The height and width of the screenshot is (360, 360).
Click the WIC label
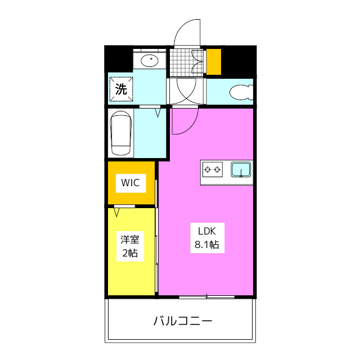(x=130, y=182)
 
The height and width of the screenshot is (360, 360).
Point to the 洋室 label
(x=129, y=238)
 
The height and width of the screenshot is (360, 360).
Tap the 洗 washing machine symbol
(x=121, y=89)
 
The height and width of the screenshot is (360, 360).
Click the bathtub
(x=121, y=133)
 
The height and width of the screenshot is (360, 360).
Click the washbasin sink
(x=150, y=60)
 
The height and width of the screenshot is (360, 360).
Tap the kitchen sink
(x=241, y=169)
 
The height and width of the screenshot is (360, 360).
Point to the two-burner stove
(x=213, y=169)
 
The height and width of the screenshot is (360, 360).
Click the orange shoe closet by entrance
(x=214, y=62)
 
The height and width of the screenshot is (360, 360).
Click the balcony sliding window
(x=206, y=296)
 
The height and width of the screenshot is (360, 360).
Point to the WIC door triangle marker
(x=116, y=211)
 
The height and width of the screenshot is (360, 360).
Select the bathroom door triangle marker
(x=158, y=112)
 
